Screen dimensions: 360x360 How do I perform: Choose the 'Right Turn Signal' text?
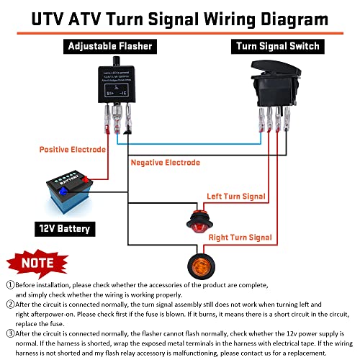tap(240, 237)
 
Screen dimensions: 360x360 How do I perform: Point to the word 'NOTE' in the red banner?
tap(32, 263)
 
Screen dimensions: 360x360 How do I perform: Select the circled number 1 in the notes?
tap(10, 284)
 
